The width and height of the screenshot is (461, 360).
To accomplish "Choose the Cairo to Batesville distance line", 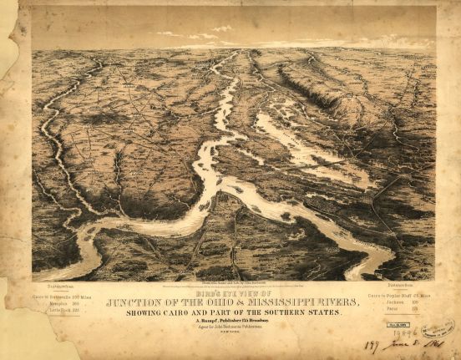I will (x=63, y=297).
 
